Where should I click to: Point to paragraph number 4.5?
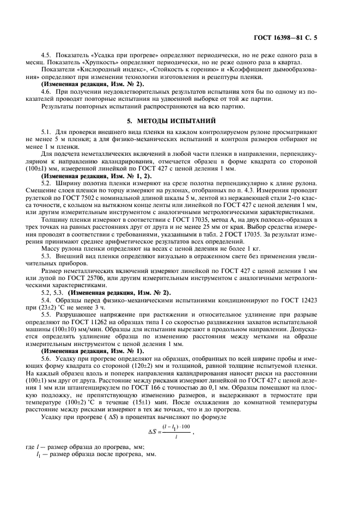47,55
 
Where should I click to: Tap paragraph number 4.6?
47,91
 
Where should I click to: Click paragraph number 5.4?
47,300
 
